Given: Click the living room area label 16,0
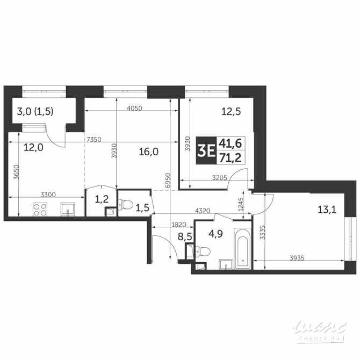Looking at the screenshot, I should (148, 152).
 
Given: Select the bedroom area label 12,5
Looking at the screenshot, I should (229, 112).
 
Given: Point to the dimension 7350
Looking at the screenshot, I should (93, 140).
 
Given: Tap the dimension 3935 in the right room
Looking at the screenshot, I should (297, 257).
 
